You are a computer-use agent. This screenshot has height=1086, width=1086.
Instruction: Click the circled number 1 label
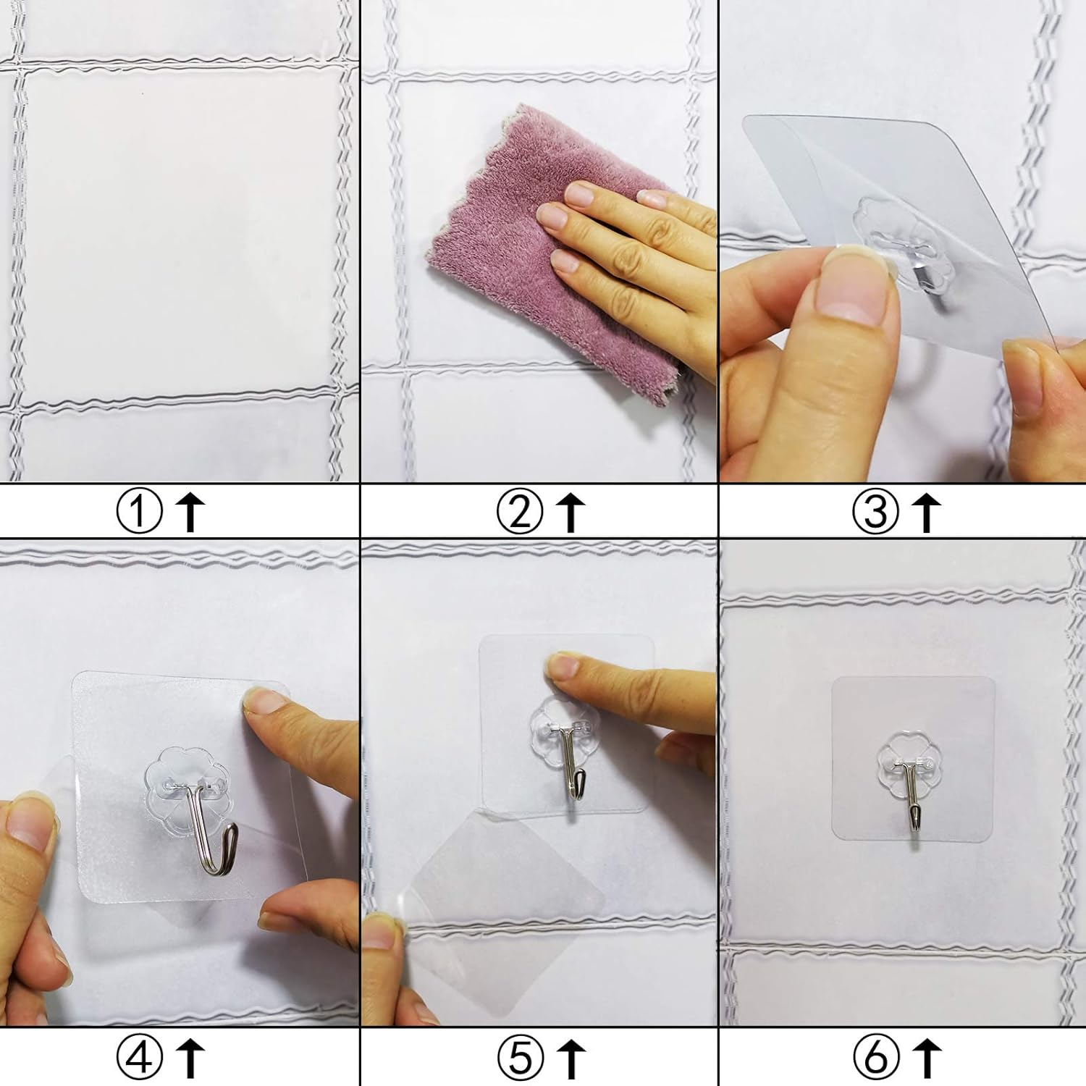tap(139, 512)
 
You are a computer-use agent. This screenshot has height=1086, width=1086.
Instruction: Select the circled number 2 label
tap(519, 512)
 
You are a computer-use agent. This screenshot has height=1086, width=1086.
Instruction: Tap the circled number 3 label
tap(875, 512)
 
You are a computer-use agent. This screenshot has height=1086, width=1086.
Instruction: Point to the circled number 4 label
tap(139, 1058)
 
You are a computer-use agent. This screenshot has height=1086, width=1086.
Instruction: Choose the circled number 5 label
tap(519, 1058)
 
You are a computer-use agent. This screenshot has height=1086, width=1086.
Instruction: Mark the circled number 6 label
tap(875, 1058)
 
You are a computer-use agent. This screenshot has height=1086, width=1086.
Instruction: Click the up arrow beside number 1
tap(190, 512)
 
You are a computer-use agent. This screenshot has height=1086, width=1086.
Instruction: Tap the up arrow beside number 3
tap(926, 512)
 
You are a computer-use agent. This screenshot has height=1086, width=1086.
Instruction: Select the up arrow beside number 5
tap(571, 1058)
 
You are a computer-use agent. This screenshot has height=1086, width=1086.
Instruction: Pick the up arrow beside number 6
tap(927, 1058)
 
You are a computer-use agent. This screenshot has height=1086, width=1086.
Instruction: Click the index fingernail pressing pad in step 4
tap(264, 701)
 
